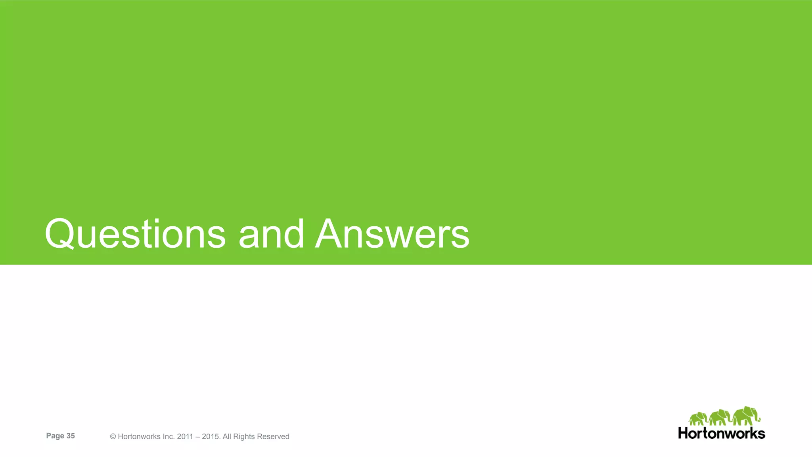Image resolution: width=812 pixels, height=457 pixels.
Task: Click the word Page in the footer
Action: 55,436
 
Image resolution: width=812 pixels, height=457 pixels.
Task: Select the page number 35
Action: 71,436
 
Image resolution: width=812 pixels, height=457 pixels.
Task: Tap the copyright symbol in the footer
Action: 113,437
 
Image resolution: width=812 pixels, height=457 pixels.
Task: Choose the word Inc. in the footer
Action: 168,437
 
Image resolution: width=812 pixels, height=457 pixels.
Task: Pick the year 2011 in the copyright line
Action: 185,437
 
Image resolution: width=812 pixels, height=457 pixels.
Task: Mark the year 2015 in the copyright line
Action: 211,437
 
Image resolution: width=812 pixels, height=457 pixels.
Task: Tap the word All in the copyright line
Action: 227,437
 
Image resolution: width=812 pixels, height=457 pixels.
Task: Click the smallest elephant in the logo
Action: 698,419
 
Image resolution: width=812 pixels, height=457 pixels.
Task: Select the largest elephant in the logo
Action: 746,416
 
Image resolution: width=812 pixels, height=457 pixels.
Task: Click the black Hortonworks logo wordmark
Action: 722,433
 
